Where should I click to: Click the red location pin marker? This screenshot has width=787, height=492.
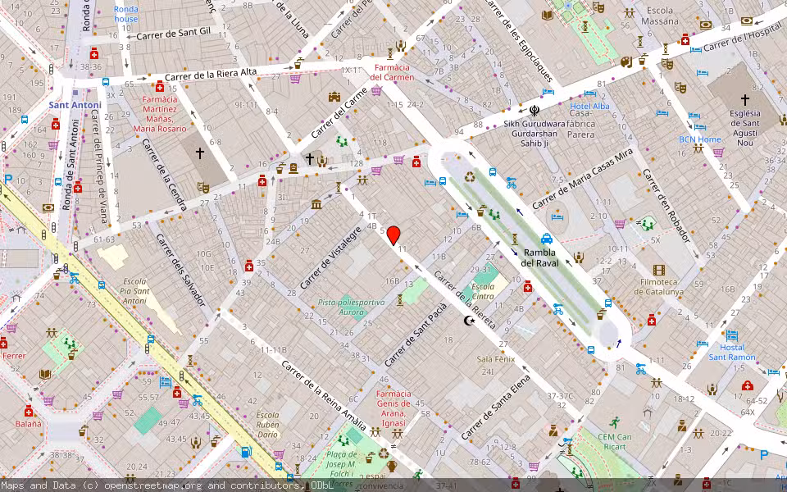pos(393,235)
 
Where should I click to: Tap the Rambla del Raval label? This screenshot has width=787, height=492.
pos(539,257)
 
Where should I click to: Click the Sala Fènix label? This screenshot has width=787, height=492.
pos(496,359)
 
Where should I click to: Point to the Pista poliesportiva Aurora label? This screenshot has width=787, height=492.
pos(351,307)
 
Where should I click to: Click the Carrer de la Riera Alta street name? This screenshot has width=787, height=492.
pos(212,76)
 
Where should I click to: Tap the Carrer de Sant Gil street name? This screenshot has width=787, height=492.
pos(173,34)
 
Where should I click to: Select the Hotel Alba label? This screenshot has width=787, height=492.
pos(589,107)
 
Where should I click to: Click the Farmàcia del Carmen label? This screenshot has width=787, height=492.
pos(392,72)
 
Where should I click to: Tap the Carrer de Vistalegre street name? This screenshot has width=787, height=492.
pos(330,257)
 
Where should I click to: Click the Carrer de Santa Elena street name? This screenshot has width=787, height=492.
pos(496,407)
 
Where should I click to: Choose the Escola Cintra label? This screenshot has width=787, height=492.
pos(483,291)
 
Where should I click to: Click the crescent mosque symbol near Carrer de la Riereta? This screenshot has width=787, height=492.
pos(470,321)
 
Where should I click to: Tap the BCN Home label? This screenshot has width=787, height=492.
pos(699,139)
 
